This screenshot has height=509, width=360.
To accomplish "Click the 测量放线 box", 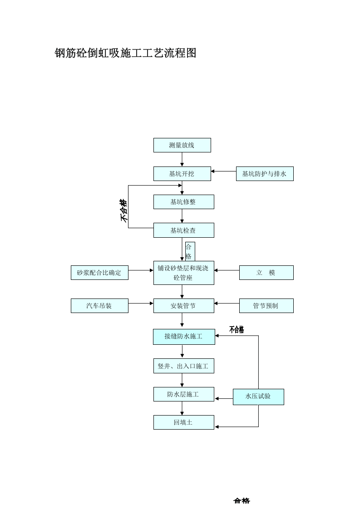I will (x=182, y=145).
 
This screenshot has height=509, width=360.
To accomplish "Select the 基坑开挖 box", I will (x=182, y=174).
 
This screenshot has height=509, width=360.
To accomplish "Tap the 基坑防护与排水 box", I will (x=264, y=174).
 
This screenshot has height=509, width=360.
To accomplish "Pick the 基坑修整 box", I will (x=183, y=202).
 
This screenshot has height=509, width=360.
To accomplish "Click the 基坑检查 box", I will (x=183, y=230).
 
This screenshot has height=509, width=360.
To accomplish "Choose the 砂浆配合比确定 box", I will (x=99, y=273).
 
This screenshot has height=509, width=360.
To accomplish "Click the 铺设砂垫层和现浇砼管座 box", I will (x=183, y=273).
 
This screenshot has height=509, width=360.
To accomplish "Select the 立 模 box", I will (x=266, y=273).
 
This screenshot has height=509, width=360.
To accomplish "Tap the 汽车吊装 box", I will (x=99, y=306).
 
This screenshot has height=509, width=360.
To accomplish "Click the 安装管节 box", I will (x=183, y=306).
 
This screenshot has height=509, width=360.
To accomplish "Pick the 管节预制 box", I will (x=266, y=306).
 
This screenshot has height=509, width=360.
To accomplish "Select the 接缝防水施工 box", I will (x=183, y=337).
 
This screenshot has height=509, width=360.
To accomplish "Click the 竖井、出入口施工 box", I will (x=183, y=366).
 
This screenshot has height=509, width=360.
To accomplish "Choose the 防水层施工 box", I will (x=183, y=394).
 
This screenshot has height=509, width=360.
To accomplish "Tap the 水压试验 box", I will (x=258, y=396).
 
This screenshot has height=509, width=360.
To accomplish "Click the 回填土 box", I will (x=183, y=422).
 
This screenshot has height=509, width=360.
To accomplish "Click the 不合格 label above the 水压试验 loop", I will (x=237, y=330).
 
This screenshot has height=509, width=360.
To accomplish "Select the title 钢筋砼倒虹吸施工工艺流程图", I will (x=125, y=53).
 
